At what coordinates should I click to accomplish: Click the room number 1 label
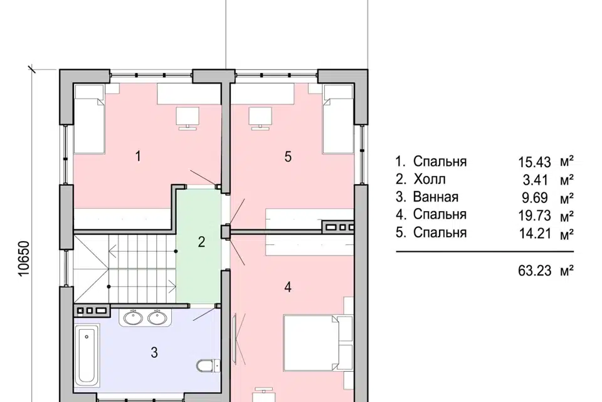(138, 156)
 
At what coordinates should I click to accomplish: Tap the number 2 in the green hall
(201, 242)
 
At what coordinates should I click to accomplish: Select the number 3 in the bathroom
(154, 352)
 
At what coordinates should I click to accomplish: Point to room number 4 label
(288, 286)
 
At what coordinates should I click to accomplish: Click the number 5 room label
(288, 156)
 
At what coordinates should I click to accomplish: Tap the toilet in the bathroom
(208, 366)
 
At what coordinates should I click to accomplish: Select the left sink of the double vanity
(133, 317)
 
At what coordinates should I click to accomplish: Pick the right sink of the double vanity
(157, 317)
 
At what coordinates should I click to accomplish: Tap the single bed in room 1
(89, 119)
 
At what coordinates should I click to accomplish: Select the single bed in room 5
(338, 119)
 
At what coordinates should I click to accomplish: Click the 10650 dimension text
(24, 259)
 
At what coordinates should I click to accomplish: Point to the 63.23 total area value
(534, 271)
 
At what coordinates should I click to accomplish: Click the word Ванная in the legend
(436, 197)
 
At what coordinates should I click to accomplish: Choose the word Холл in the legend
(430, 179)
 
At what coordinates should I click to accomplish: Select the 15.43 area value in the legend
(534, 162)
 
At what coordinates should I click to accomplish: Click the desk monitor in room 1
(187, 117)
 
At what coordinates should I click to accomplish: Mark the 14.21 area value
(534, 234)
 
